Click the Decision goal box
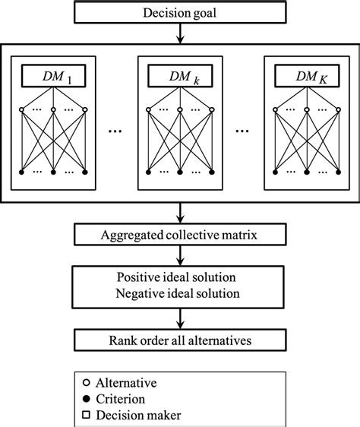point(181,13)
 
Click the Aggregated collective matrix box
point(181,235)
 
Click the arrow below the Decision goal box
point(181,34)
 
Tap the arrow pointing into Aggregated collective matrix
point(181,213)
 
